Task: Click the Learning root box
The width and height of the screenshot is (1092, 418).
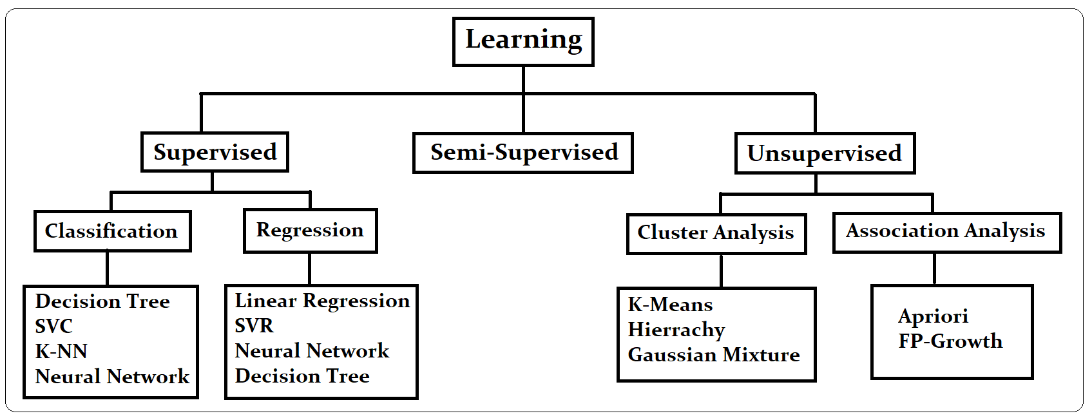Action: (x=523, y=41)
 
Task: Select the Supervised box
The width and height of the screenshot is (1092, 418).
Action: (x=215, y=152)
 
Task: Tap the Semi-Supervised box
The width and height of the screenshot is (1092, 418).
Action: (x=523, y=153)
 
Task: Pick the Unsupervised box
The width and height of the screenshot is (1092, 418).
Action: (x=825, y=153)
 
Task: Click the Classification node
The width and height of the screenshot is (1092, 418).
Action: (x=112, y=231)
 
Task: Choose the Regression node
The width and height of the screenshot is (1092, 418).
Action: (x=310, y=231)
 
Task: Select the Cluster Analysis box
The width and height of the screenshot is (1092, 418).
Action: (x=716, y=233)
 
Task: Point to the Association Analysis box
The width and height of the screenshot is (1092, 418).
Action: (x=946, y=232)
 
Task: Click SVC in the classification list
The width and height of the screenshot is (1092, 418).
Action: (x=54, y=327)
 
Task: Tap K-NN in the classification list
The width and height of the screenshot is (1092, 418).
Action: (x=62, y=352)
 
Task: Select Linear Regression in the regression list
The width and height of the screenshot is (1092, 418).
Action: (x=322, y=301)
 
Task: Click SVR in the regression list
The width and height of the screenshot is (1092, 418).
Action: (x=254, y=326)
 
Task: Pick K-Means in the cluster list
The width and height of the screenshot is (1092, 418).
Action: (x=671, y=305)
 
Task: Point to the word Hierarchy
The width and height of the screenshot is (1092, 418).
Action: (x=676, y=330)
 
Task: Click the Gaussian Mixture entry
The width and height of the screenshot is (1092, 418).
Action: (x=714, y=355)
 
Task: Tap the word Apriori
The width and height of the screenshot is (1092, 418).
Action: (x=934, y=316)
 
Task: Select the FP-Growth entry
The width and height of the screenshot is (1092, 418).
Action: (x=950, y=341)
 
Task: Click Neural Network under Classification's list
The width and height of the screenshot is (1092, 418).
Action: (x=113, y=377)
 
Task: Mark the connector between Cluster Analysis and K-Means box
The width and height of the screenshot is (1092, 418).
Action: (x=721, y=271)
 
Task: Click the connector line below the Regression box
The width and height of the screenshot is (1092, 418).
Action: (x=310, y=269)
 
